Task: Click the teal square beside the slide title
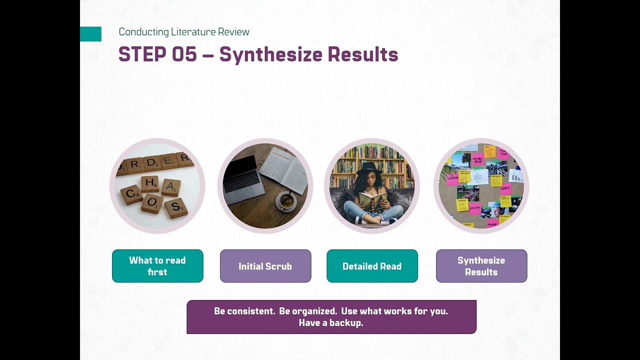[x=90, y=34]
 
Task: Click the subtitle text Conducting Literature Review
[x=183, y=32]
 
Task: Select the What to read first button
[x=157, y=266]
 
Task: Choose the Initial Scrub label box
[x=265, y=266]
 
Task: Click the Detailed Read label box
[x=372, y=266]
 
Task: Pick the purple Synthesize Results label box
[x=481, y=266]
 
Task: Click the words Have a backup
[x=331, y=323]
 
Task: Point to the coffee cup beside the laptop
[x=286, y=201]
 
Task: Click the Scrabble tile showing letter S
[x=175, y=207]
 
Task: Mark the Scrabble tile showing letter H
[x=149, y=183]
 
